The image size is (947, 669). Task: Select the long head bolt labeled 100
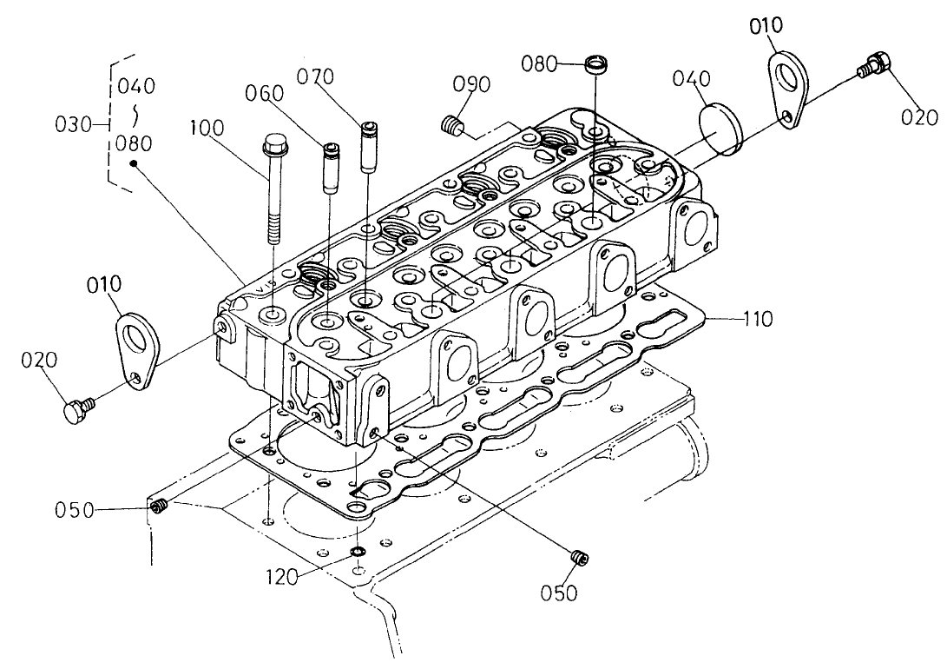pos(273,191)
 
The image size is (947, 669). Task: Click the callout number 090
pos(472,84)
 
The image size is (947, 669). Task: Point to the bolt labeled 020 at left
pos(76,409)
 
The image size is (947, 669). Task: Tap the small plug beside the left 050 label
pos(158,507)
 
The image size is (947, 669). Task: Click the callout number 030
pos(72,124)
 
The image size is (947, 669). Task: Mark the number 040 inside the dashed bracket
pos(136,85)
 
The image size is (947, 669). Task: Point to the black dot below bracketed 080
pos(133,162)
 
